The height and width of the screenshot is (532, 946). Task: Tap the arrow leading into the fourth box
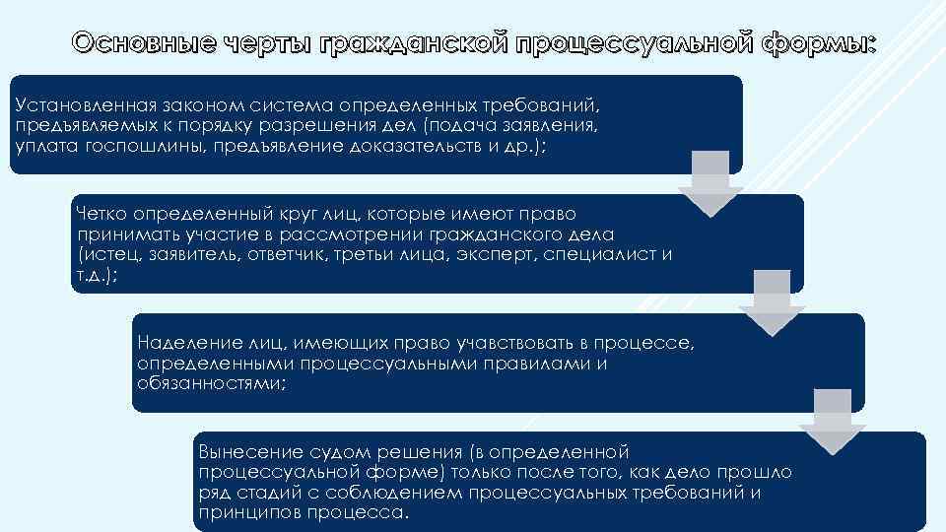(833, 420)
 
